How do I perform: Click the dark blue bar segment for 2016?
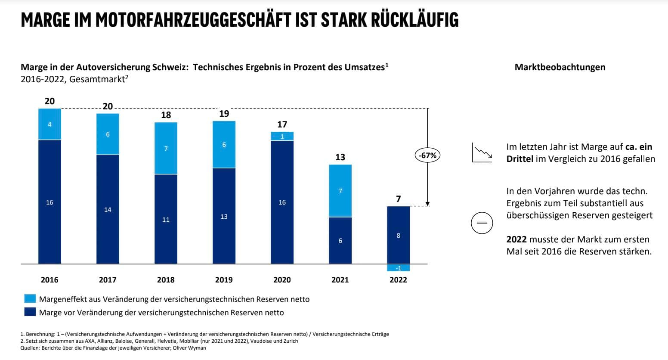49,202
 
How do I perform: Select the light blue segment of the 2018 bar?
166,148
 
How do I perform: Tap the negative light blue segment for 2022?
398,268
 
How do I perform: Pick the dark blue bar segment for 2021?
340,240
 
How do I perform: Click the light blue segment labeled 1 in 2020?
282,136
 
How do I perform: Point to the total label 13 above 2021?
340,157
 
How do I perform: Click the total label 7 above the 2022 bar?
398,199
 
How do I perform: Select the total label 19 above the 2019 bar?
224,114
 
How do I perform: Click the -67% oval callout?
428,155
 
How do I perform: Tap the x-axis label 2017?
108,280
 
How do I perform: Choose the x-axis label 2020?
282,280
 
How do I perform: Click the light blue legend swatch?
30,299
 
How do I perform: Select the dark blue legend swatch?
30,312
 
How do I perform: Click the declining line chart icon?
482,152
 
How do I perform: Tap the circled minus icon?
482,223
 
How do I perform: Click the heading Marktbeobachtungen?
560,67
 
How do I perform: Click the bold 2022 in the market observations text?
516,239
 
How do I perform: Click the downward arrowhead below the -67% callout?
428,204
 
